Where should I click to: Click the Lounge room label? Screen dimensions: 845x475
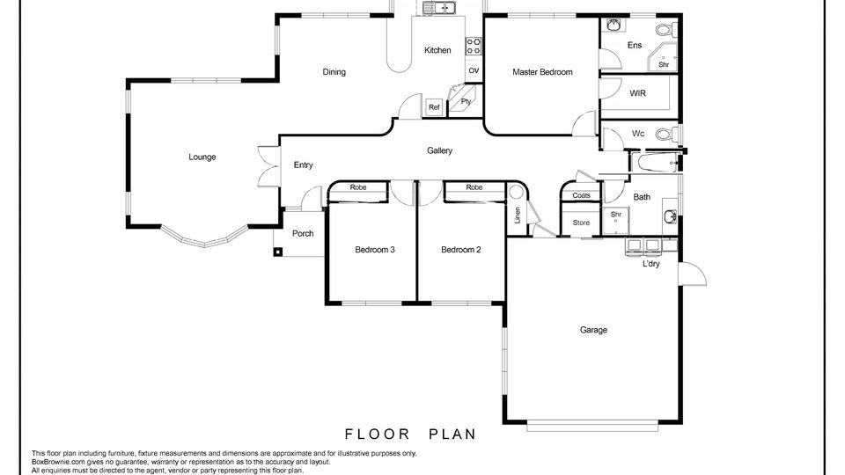tap(202, 157)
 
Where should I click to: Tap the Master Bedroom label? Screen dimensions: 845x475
tap(542, 72)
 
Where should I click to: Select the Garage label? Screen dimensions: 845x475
tap(593, 330)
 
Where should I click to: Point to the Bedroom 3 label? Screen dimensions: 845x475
tap(375, 250)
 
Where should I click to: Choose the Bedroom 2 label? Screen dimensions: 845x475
tap(460, 250)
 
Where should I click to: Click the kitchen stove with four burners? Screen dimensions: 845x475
tap(474, 47)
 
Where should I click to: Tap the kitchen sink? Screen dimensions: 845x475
tap(440, 8)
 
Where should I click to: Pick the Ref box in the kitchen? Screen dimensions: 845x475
tap(434, 107)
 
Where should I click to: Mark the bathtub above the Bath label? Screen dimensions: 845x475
tap(656, 163)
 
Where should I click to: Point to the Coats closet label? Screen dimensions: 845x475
tap(581, 195)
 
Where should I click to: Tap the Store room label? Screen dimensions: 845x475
tap(581, 223)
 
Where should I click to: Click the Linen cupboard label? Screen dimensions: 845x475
tap(518, 216)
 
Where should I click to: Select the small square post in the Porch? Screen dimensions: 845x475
tap(277, 251)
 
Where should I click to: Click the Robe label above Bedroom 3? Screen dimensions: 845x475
tap(358, 187)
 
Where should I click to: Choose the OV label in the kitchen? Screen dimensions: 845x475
tap(474, 71)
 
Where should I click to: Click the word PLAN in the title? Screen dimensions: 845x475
tap(452, 434)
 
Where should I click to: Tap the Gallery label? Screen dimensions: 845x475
tap(439, 150)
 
